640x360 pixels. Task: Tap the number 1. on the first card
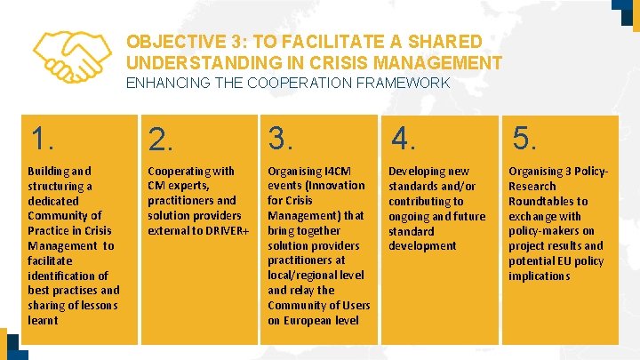(x=43, y=139)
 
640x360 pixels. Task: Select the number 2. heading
(x=161, y=140)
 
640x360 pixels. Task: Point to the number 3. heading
(x=281, y=139)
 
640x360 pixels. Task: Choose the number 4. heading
(x=403, y=139)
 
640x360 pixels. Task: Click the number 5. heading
(x=524, y=139)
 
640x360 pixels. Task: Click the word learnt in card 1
(x=43, y=320)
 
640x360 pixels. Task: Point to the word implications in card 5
(x=539, y=276)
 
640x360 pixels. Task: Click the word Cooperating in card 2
(x=179, y=171)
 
